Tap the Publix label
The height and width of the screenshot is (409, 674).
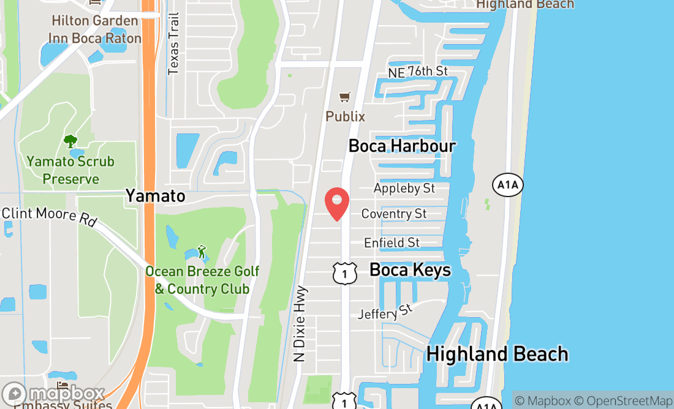click(x=346, y=116)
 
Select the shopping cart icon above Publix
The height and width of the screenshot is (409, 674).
click(x=345, y=97)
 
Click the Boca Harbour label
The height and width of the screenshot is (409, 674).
click(x=402, y=146)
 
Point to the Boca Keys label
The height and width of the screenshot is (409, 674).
click(x=410, y=270)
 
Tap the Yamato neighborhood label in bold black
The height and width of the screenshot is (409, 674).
click(x=155, y=196)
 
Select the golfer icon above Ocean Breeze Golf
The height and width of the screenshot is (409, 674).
click(x=201, y=252)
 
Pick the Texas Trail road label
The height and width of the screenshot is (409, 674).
click(x=173, y=44)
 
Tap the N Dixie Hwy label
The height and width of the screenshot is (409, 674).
click(x=300, y=325)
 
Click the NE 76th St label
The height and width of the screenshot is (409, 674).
click(x=418, y=72)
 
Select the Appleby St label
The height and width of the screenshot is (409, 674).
click(x=404, y=188)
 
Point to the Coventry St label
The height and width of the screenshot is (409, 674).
click(x=394, y=214)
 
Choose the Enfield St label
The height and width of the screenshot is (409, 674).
click(x=392, y=242)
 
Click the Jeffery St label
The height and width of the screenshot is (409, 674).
click(x=386, y=313)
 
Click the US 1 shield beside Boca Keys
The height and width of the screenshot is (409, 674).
click(x=345, y=273)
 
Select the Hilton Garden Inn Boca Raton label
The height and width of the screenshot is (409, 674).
click(x=95, y=29)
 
